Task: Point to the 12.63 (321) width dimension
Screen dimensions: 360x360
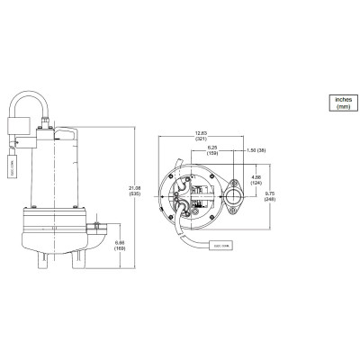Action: pyautogui.click(x=200, y=138)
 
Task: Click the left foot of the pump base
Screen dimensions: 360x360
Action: pyautogui.click(x=42, y=262)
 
